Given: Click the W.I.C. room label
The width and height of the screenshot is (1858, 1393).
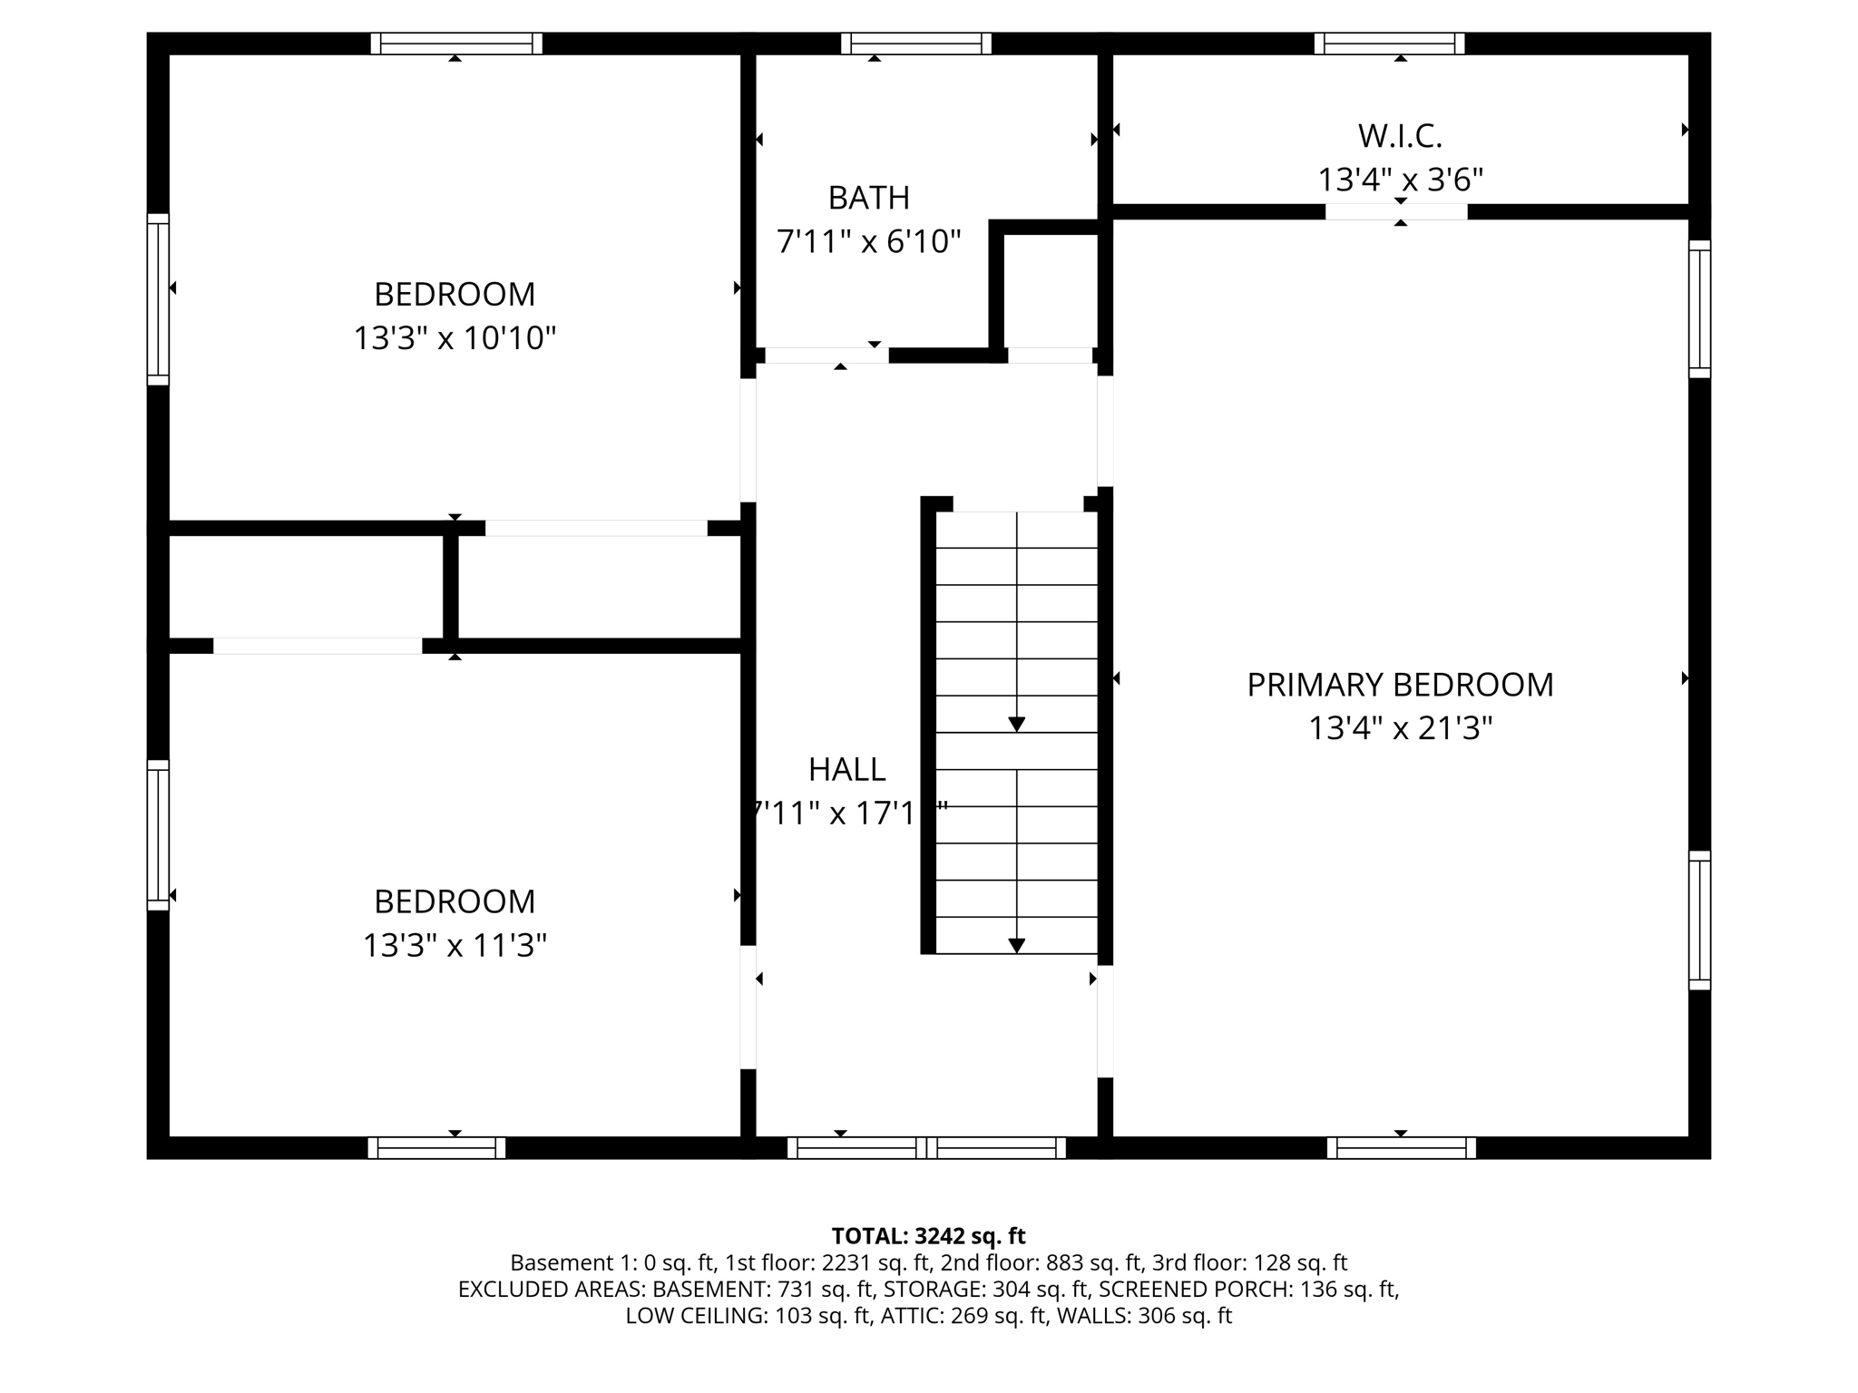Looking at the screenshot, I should coord(1400,136).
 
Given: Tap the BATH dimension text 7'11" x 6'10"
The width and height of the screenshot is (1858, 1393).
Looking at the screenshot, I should coord(868,242).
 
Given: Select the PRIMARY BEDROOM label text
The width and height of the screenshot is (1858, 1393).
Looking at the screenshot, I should coord(1400,685).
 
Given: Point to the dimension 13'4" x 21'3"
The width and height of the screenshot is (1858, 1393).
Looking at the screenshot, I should coord(1400,728).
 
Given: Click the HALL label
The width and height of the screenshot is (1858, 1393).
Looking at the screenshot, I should coord(846,769).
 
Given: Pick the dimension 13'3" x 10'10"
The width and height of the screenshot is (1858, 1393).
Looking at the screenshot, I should coord(454,338).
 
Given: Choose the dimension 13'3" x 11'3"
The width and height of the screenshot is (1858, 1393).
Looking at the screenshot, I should coord(454,946).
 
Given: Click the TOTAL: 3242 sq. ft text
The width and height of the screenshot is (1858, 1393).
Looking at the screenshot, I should coord(928,1236).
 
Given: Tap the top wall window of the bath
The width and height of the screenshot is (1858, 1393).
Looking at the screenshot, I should coord(916,44).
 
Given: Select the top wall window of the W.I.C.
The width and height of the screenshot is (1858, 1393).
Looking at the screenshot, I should coord(1389,44).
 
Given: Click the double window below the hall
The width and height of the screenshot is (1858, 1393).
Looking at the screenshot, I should coord(926,1147).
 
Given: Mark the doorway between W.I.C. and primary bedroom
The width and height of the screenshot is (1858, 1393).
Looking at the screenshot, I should coord(1396,211).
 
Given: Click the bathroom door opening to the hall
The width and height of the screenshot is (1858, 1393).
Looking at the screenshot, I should coord(826,356).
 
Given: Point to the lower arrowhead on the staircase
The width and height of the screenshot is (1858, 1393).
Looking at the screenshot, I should coord(1016,945).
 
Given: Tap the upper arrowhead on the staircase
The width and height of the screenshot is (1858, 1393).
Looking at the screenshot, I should coord(1016,724).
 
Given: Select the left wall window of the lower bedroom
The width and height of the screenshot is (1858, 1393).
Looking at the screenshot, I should coord(158,834).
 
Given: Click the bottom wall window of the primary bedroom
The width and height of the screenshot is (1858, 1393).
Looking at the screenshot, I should coord(1401,1147).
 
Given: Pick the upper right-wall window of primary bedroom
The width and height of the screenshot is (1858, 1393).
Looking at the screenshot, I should coord(1699,309).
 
